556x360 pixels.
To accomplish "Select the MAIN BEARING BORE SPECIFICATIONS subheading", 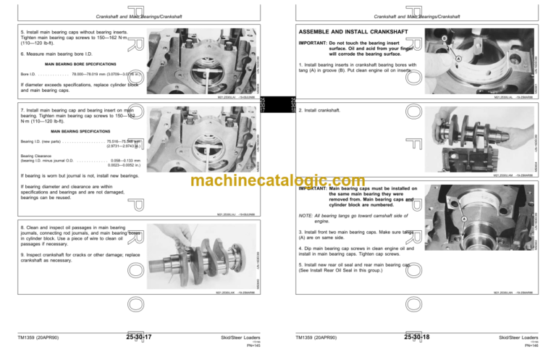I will click(69, 64).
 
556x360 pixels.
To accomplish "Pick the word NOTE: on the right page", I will click(306, 215).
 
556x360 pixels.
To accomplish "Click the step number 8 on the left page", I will click(22, 226).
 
